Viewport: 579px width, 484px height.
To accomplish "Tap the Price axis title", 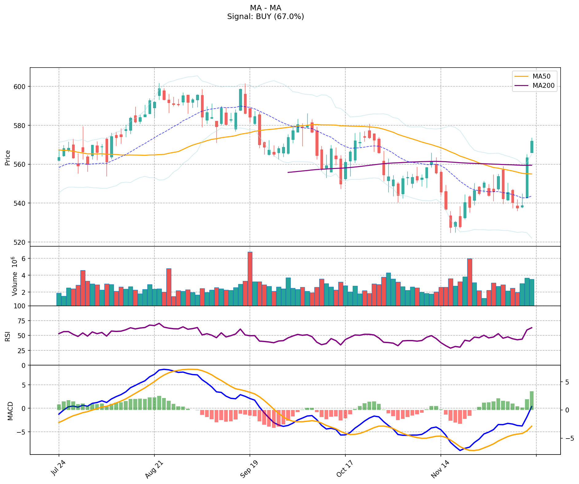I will point(8,158).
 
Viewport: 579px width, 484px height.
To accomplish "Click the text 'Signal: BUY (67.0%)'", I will point(266,17).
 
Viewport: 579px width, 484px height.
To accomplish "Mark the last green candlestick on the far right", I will point(532,147).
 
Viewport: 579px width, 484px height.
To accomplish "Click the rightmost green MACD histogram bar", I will point(532,400).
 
